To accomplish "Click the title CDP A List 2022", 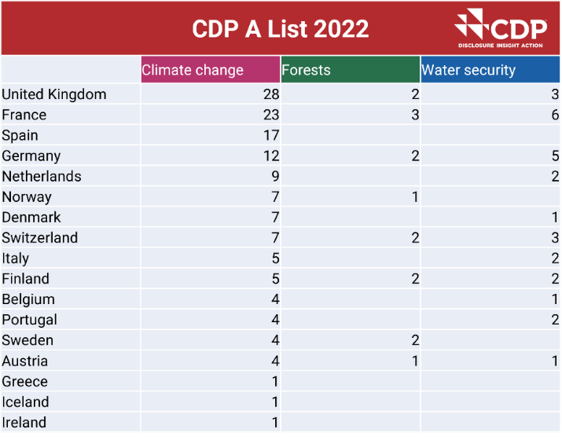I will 280,29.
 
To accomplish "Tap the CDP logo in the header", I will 500,28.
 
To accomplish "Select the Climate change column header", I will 193,70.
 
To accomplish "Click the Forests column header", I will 307,70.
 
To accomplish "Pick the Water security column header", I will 468,70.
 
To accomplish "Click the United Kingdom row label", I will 54,94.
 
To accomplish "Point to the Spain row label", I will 20,135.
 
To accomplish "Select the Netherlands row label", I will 42,176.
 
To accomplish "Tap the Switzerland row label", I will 40,237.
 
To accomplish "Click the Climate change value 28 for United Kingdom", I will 271,94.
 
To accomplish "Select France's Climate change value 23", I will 271,115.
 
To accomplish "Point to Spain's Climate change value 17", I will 271,135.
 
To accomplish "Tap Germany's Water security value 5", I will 555,156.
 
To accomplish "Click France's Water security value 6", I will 555,115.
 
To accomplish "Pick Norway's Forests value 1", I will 415,196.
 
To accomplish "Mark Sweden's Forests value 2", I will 415,340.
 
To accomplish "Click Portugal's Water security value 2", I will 555,320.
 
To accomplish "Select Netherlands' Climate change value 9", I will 275,176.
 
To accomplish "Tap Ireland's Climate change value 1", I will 275,422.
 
